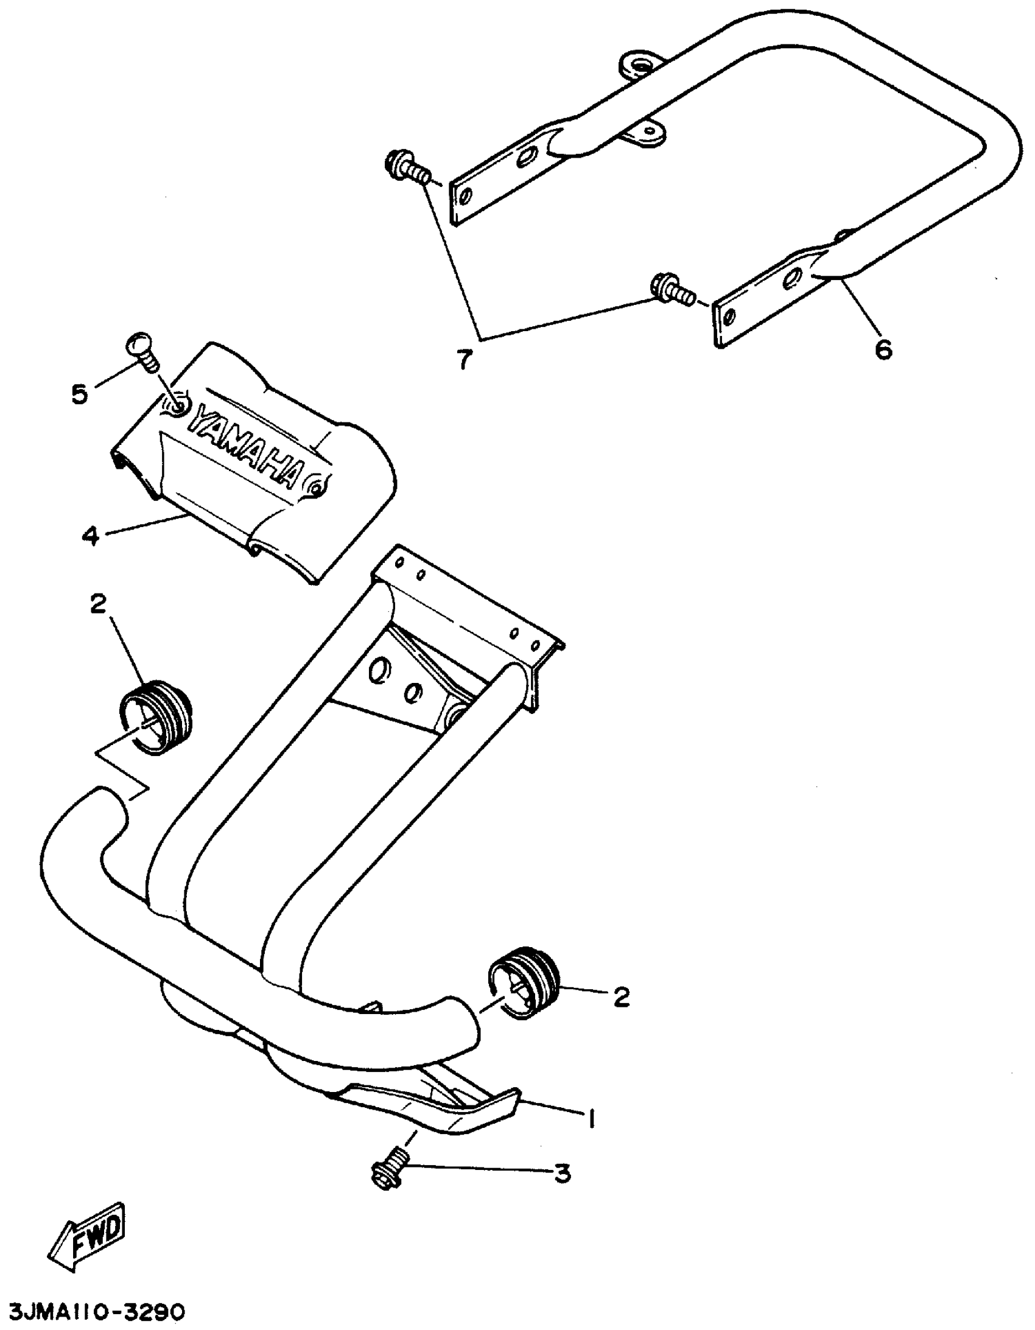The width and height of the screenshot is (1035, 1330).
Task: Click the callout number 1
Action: (589, 1118)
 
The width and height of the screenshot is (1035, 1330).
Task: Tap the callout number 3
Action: (562, 1172)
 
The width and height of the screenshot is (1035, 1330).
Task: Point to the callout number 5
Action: (79, 394)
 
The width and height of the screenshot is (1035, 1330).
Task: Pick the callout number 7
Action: (464, 360)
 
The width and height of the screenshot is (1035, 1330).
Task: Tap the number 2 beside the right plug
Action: (621, 997)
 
